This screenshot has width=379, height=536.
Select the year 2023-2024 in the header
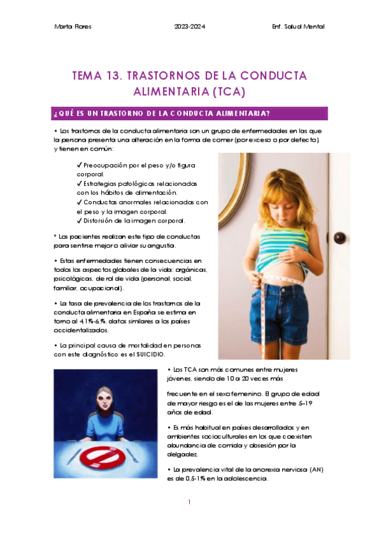(190, 26)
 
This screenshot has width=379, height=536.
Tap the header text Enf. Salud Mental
(297, 26)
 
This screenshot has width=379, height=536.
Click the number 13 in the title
(115, 76)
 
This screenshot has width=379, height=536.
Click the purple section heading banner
(190, 114)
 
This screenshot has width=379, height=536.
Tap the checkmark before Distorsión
(79, 221)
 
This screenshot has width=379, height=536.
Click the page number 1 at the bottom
(189, 502)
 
